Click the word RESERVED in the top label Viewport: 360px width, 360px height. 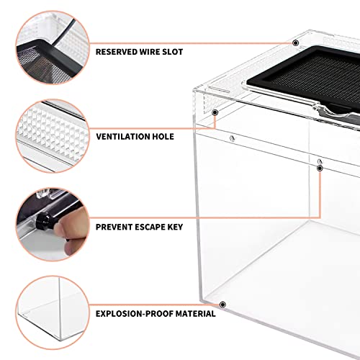tap(117, 52)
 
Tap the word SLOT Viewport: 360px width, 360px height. tap(172, 52)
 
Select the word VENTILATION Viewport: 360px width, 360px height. tap(123, 137)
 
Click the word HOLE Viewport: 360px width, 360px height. tap(163, 137)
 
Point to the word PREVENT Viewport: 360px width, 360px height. tap(114, 227)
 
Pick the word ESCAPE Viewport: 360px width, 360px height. tap(150, 227)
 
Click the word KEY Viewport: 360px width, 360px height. tap(175, 227)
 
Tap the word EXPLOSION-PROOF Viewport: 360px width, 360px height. tap(135, 314)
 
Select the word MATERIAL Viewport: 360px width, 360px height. tap(195, 314)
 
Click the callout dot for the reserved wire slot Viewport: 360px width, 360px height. tap(296, 43)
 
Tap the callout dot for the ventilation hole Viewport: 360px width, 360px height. tap(215, 112)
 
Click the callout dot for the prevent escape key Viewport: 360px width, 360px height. tap(320, 168)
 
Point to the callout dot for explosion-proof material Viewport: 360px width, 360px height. tap(222, 305)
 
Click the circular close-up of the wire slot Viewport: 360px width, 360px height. tap(53, 48)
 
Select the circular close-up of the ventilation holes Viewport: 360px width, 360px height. tap(53, 136)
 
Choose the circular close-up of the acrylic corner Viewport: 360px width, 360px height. tap(53, 312)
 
